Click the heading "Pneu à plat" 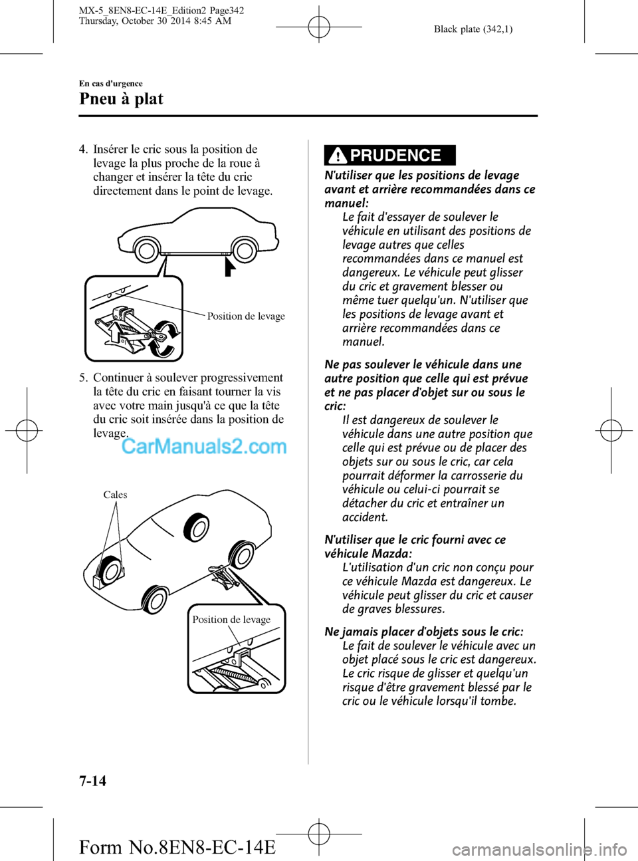tap(121, 99)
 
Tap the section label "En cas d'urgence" tap(110, 83)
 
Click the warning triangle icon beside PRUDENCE tap(338, 156)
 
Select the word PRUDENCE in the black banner tap(395, 156)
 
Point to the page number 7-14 tap(92, 781)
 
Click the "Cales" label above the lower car tap(115, 495)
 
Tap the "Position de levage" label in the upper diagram tap(246, 316)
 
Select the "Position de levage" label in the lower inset tap(231, 620)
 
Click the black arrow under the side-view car tap(229, 267)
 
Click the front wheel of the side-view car tap(146, 250)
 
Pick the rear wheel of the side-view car tap(244, 250)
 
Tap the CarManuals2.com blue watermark tap(204, 446)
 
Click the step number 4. tap(82, 150)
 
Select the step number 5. tap(82, 378)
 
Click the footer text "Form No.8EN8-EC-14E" tap(177, 847)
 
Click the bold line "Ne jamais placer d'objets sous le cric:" tap(423, 632)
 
